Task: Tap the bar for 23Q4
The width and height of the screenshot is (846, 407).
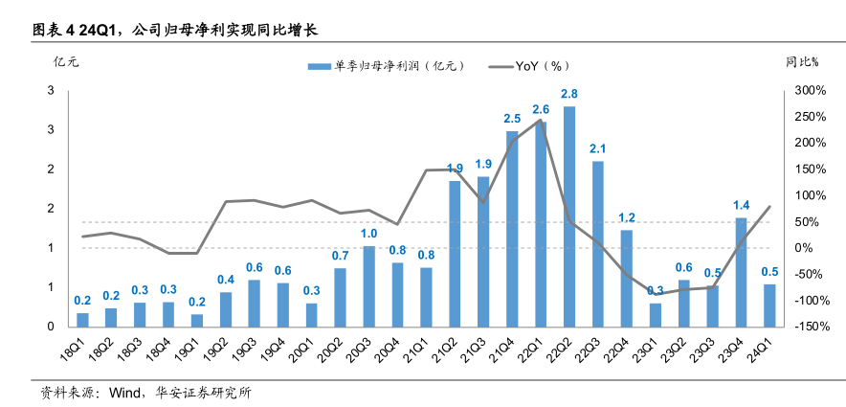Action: click(741, 272)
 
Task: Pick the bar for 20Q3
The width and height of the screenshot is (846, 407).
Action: click(368, 286)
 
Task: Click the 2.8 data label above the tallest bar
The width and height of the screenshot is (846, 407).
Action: click(569, 94)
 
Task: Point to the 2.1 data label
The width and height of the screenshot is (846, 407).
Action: click(598, 148)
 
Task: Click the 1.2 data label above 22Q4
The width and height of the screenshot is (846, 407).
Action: click(627, 217)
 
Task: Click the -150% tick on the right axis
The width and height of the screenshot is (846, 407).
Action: click(809, 327)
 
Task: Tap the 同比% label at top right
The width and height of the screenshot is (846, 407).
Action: click(802, 63)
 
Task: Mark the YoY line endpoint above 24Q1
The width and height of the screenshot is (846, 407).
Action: click(769, 206)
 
